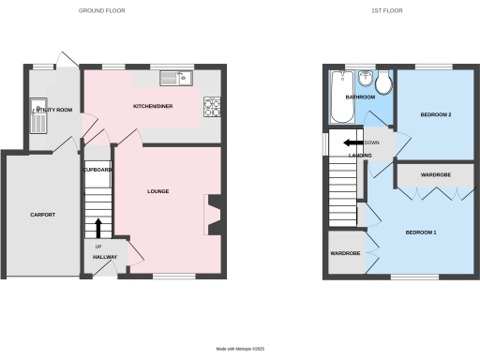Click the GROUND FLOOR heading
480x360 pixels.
click(101, 10)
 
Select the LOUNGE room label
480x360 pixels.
click(157, 191)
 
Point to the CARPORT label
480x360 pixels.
click(42, 215)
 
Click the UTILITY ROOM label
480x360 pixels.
click(53, 111)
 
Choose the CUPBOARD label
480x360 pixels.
click(97, 170)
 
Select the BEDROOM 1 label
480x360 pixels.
click(421, 232)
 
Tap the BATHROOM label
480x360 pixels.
click(361, 97)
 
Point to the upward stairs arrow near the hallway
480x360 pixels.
click(98, 228)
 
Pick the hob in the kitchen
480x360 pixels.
click(211, 109)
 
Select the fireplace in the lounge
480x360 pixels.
click(213, 215)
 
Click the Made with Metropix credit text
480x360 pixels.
click(240, 349)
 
